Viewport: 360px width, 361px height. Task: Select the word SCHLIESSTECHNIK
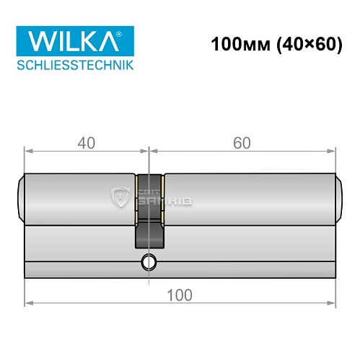pos(74,66)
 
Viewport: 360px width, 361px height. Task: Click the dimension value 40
pos(87,143)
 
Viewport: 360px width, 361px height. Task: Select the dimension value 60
pos(242,143)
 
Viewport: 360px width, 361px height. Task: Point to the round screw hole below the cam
pos(149,261)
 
